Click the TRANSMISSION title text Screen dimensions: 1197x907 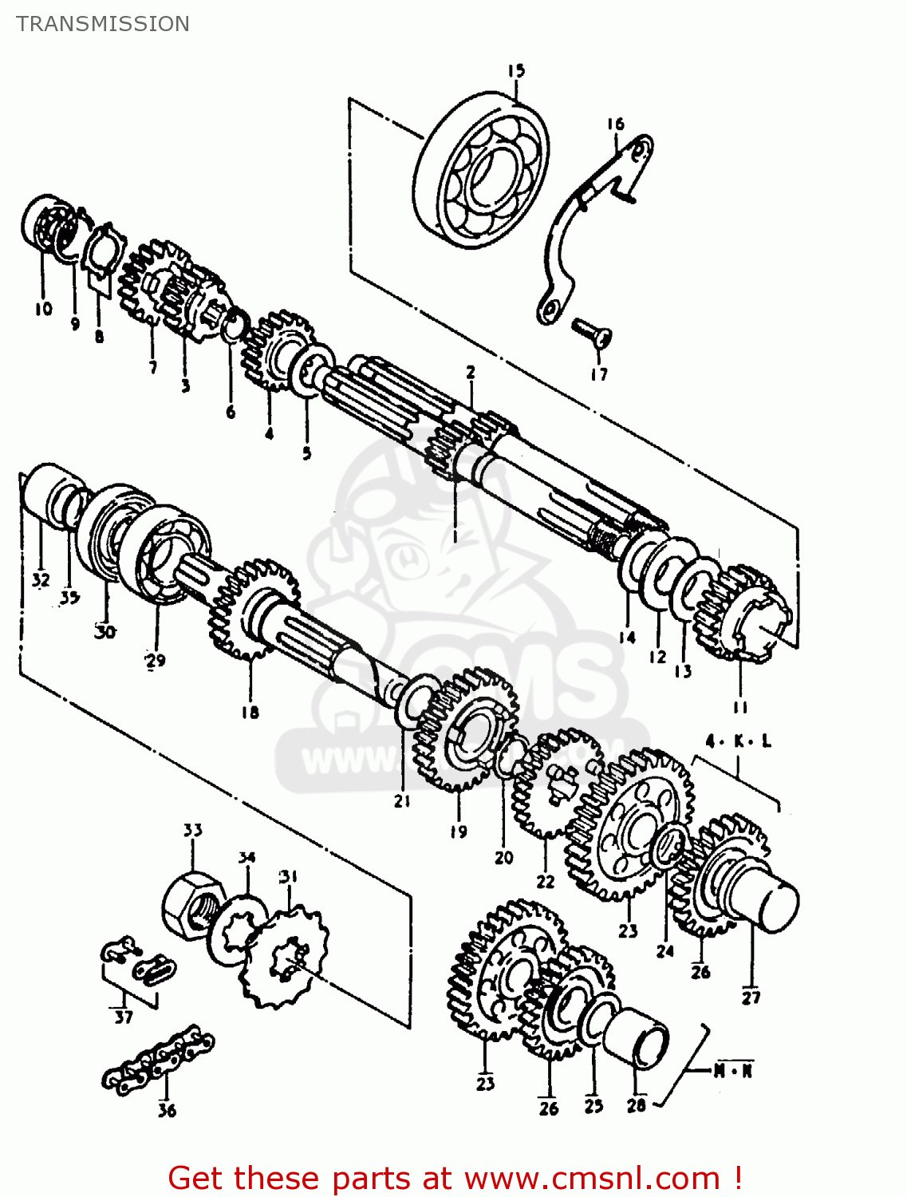click(x=103, y=24)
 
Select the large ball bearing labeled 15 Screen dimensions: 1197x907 click(x=483, y=172)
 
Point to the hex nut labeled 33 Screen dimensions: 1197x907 click(x=192, y=906)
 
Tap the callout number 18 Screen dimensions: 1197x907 click(x=250, y=712)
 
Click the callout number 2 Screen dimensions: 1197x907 click(x=471, y=372)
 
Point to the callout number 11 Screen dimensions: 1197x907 click(x=740, y=707)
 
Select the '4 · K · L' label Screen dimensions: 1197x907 click(x=738, y=741)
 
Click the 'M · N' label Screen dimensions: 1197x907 click(x=732, y=1070)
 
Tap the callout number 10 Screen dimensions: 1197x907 click(x=43, y=308)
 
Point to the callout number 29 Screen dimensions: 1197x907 click(x=155, y=660)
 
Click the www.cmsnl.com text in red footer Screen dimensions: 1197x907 click(x=592, y=1178)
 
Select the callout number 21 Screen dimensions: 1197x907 click(x=402, y=800)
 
